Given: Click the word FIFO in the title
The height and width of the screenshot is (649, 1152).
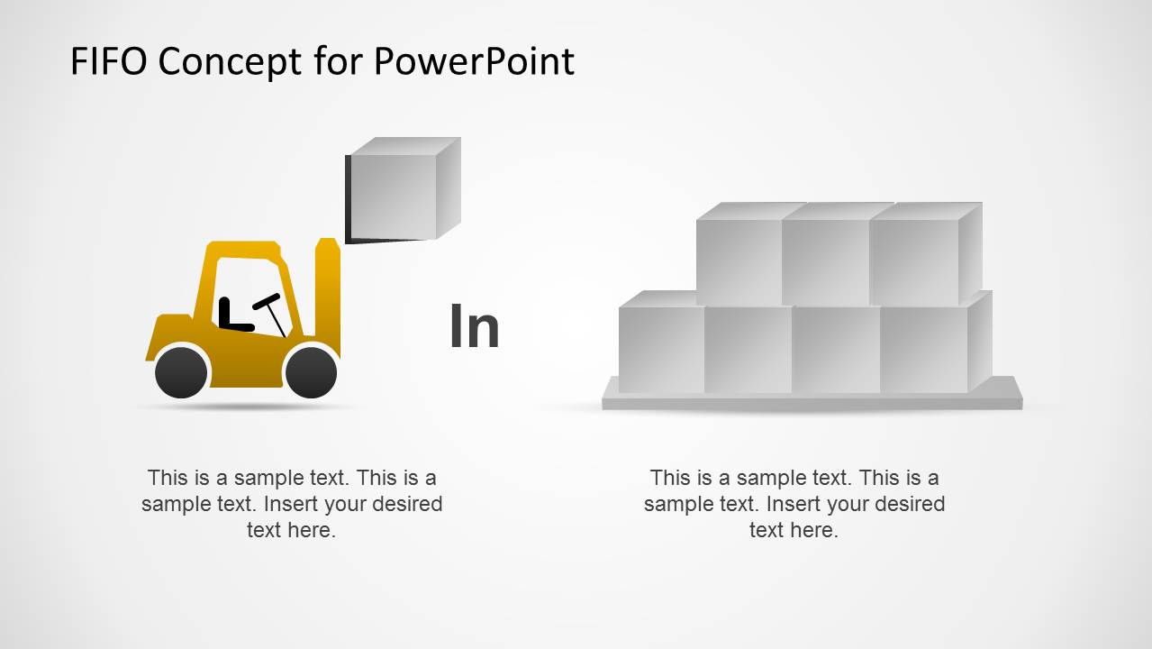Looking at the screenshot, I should [108, 61].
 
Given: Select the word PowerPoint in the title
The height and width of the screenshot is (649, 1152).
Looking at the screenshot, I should [474, 61].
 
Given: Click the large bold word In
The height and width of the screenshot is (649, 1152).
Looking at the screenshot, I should [474, 327].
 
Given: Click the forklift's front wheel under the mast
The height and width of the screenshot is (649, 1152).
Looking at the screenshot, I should [312, 371].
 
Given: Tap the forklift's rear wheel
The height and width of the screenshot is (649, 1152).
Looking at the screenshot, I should [181, 371].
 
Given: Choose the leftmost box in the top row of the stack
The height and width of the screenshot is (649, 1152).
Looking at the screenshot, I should [738, 261].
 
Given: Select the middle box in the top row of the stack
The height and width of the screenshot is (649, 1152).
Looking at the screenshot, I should [825, 261].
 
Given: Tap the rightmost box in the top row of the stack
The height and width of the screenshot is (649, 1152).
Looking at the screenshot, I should [914, 261].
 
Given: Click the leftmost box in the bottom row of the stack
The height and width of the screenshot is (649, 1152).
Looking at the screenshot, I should [661, 349].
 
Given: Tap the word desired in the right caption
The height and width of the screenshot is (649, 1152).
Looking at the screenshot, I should [909, 504].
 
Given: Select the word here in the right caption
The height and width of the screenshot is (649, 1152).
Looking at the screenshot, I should [816, 530].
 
